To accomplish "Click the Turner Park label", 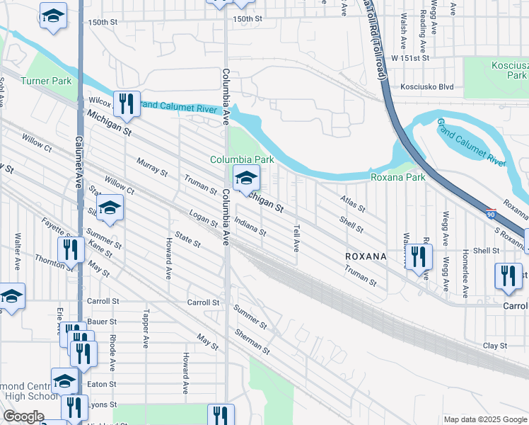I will (x=46, y=81).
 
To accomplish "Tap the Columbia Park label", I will (x=242, y=160).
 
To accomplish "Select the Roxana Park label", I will (x=398, y=177).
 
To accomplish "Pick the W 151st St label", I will (x=410, y=57).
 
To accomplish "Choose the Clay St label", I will (x=495, y=346).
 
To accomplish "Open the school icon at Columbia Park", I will (x=245, y=178).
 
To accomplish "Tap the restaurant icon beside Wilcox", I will (x=127, y=104).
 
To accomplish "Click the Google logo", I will (x=23, y=416).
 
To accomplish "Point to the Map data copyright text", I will (x=485, y=419).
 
